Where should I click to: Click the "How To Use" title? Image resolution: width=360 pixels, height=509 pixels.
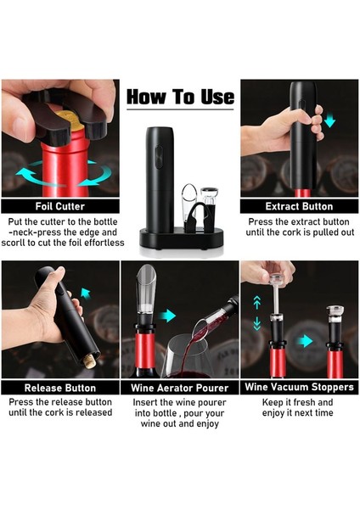click(180, 97)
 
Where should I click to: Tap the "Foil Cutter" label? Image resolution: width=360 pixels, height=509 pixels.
click(60, 206)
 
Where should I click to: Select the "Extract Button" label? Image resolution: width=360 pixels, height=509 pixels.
click(299, 206)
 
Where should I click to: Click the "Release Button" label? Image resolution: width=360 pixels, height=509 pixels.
click(60, 388)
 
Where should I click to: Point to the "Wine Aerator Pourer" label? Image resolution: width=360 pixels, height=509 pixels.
click(180, 388)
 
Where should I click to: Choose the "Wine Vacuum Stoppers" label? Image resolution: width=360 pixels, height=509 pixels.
click(299, 387)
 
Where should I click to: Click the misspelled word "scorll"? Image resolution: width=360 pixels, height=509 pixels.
click(13, 243)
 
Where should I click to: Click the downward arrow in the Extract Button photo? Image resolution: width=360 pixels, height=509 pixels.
click(329, 120)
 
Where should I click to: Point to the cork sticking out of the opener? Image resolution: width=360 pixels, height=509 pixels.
click(89, 361)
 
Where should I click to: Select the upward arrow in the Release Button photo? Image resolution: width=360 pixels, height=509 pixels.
click(86, 294)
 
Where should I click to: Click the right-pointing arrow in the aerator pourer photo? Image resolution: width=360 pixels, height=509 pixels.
click(167, 316)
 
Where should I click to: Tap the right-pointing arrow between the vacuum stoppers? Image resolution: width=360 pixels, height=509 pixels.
click(305, 341)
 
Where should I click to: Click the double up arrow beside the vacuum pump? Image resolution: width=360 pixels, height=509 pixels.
click(257, 302)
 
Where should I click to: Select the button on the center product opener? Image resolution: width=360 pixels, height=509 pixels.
click(159, 157)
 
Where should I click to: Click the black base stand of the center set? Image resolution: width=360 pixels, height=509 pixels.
click(182, 238)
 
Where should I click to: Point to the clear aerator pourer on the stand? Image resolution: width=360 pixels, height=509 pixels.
click(188, 207)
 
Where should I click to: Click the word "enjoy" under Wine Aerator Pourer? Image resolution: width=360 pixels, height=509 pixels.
click(208, 424)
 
